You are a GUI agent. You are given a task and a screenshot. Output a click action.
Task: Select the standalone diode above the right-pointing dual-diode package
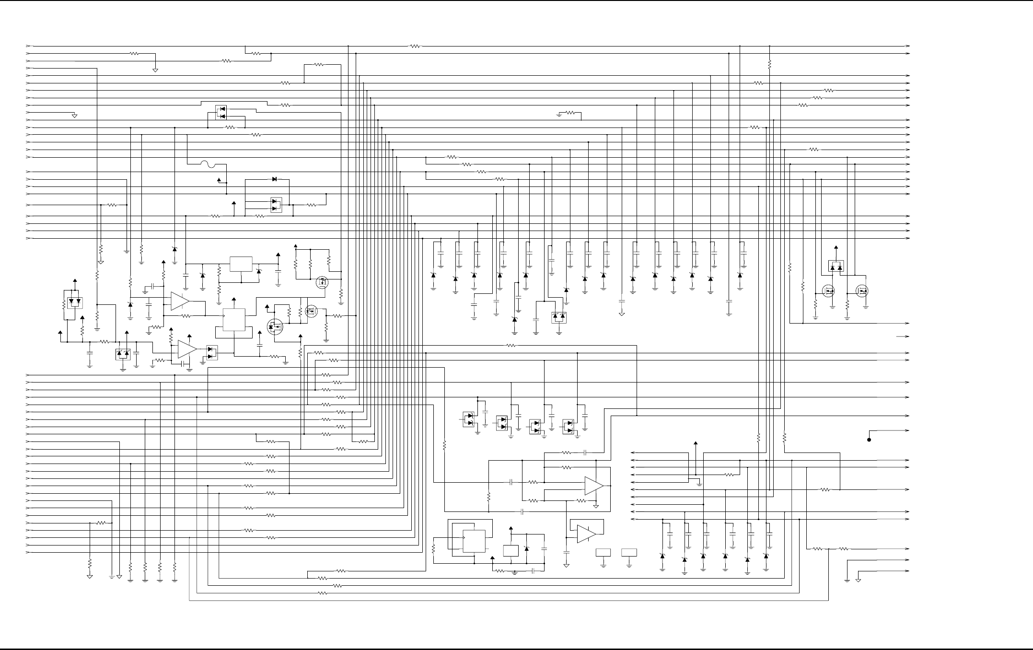click(274, 179)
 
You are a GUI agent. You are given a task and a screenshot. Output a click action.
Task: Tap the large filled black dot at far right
click(869, 439)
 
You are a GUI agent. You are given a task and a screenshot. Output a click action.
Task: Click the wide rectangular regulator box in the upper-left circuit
click(241, 264)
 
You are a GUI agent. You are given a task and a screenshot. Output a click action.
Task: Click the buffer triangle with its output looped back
click(586, 534)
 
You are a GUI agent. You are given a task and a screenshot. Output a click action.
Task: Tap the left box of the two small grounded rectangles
click(603, 552)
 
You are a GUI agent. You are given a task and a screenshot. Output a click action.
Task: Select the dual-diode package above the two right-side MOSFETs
click(836, 267)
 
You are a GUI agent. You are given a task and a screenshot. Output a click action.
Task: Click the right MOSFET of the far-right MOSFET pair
click(862, 291)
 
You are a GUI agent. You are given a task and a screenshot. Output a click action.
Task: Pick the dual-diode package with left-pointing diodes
click(221, 113)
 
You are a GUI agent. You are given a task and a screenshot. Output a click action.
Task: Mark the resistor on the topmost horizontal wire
click(415, 46)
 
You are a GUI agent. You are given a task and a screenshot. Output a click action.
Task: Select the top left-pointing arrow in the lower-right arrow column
click(633, 453)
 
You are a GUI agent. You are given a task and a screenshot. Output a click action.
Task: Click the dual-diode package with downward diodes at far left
click(75, 302)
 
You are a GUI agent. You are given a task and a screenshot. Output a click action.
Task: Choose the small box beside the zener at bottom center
click(511, 551)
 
